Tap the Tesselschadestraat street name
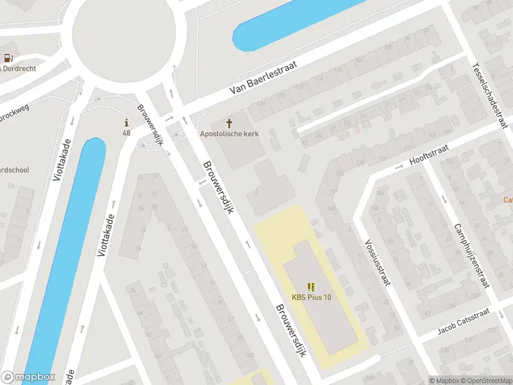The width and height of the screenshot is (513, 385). point(489,94)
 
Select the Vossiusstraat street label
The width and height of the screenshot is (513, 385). point(376,264)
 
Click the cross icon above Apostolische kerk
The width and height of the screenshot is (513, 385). point(228,123)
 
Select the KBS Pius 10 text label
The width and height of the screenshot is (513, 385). point(312,297)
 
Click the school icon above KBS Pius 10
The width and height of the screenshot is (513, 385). point(312,287)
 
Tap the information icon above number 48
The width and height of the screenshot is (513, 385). point(126,123)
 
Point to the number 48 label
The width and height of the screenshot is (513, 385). point(126,133)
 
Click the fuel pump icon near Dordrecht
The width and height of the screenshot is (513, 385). point(8,58)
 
